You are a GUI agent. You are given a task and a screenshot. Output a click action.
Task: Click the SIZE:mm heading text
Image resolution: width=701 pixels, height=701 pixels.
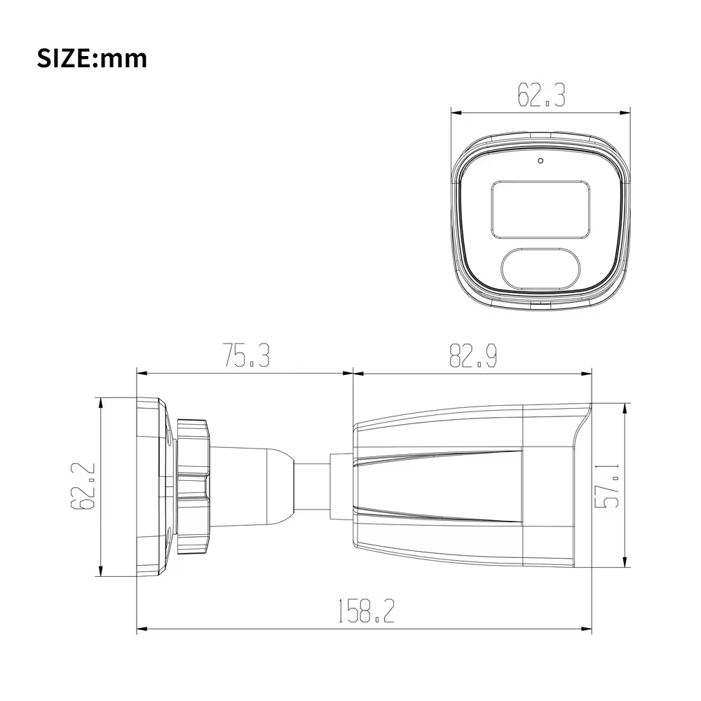[x=92, y=58]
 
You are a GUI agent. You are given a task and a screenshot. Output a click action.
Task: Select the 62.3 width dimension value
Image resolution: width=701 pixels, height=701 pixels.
[x=540, y=95]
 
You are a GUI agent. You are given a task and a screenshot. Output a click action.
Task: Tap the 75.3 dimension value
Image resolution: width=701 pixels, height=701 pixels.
[x=246, y=356]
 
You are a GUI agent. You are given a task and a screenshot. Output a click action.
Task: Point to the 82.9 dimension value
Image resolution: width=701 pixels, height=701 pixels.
[x=472, y=356]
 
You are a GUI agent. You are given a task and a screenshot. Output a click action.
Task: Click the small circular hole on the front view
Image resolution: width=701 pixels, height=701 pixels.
[x=540, y=161]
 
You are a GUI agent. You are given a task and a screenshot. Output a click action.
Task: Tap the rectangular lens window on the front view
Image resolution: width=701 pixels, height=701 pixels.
[x=539, y=209]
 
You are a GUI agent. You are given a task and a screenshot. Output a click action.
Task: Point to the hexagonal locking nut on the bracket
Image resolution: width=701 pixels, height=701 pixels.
[x=193, y=486]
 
